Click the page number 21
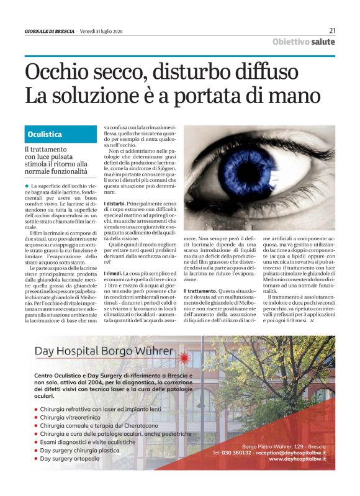click(x=332, y=30)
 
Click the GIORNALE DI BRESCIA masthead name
click(x=50, y=31)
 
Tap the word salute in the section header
click(x=323, y=42)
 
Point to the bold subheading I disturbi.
click(x=115, y=204)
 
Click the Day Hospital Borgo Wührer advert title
click(x=104, y=351)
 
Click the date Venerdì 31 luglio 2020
click(x=106, y=31)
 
